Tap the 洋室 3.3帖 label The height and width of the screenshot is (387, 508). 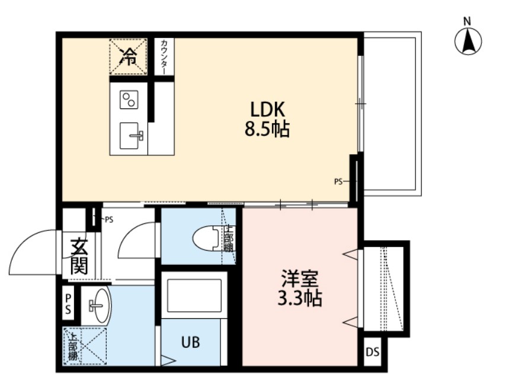point(300,289)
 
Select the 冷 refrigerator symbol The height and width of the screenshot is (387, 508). point(127,57)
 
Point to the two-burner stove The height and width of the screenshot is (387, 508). point(129,100)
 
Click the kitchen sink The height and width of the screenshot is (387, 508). point(132,136)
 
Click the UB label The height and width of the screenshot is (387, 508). point(190,343)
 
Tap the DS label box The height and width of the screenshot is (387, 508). point(372,353)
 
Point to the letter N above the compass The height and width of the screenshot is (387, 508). point(467,21)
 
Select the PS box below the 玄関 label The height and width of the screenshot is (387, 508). point(69,303)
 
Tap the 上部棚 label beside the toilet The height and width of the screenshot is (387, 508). point(229,238)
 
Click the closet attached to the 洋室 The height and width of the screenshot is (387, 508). point(385,289)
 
